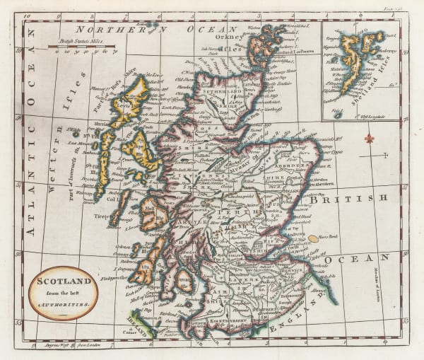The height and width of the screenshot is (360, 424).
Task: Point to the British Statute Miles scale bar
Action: [83, 47]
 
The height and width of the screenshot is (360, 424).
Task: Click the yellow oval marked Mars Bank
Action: [313, 238]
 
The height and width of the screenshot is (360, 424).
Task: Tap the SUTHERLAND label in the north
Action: [223, 92]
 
